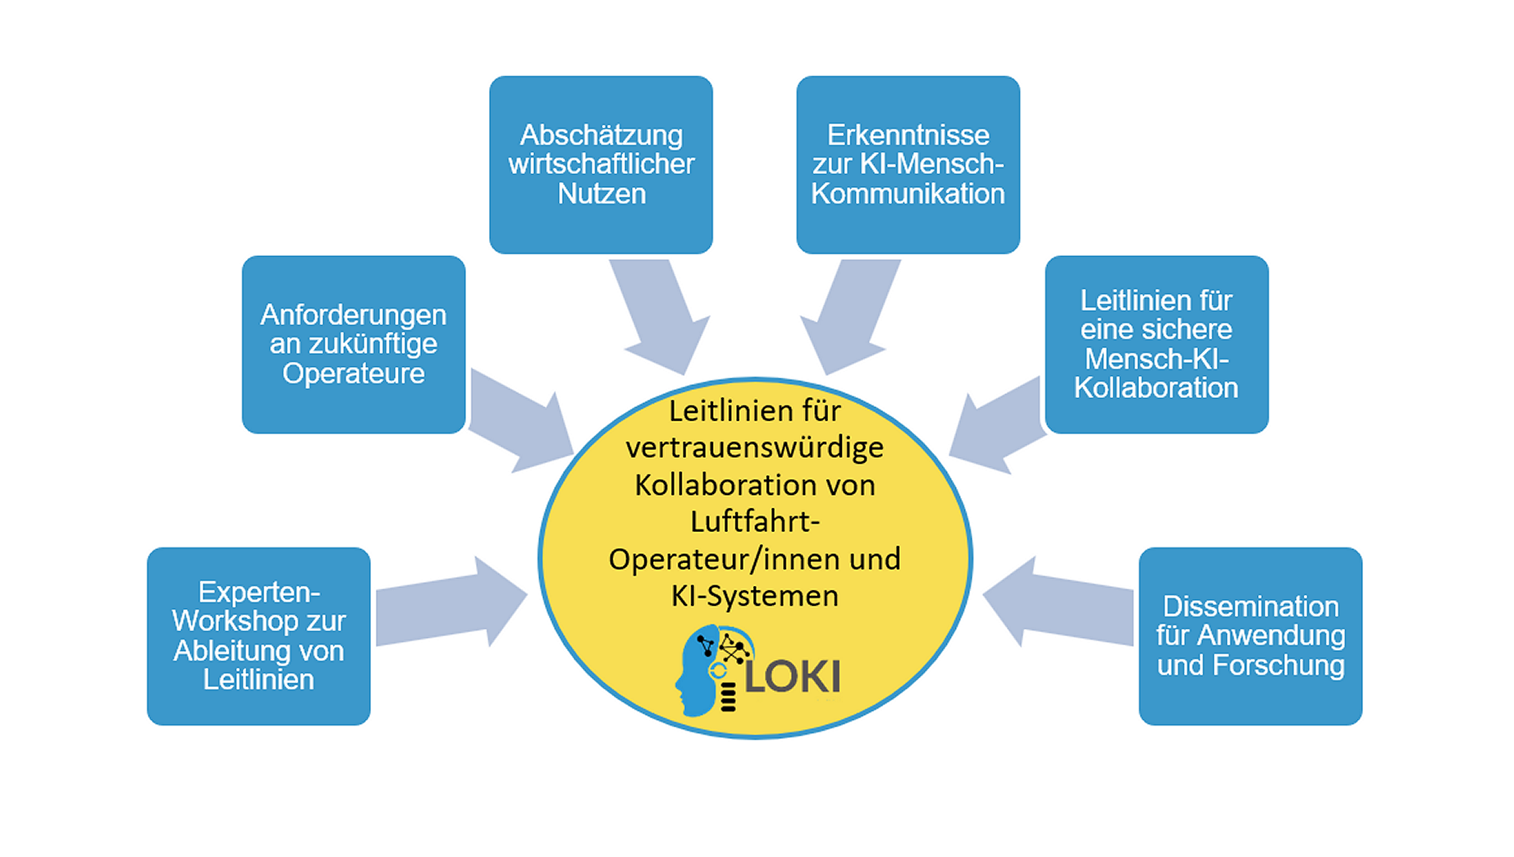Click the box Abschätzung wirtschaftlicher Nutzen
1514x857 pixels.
[601, 164]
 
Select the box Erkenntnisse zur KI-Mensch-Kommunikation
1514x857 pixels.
[908, 164]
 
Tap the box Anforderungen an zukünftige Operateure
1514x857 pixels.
[354, 344]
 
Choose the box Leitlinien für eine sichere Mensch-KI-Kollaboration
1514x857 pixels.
[1156, 344]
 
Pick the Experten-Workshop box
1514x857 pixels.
[258, 635]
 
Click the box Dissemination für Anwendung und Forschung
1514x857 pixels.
[1250, 635]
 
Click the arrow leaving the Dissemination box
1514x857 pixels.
[1059, 603]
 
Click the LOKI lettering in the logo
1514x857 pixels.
[793, 677]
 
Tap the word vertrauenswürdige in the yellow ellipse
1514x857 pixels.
[754, 448]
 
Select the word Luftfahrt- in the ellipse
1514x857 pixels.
[754, 522]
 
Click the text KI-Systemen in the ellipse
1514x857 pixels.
[754, 596]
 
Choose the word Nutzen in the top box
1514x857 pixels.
[601, 195]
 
